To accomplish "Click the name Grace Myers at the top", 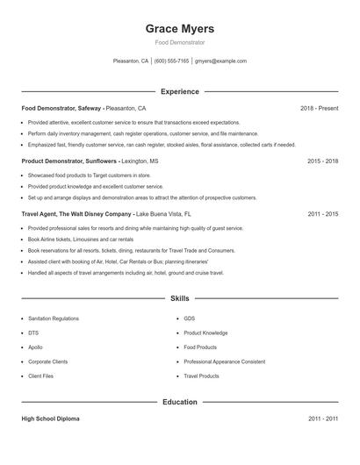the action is pyautogui.click(x=180, y=28).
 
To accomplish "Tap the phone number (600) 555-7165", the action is pyautogui.click(x=172, y=61).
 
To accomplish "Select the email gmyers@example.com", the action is pyautogui.click(x=220, y=61).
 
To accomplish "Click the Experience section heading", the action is pyautogui.click(x=180, y=91).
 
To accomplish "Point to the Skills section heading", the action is pyautogui.click(x=180, y=298).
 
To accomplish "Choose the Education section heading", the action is pyautogui.click(x=180, y=402).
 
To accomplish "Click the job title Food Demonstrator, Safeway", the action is pyautogui.click(x=61, y=108).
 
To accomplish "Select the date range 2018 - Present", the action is pyautogui.click(x=319, y=108).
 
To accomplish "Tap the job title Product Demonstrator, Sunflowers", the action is pyautogui.click(x=68, y=161).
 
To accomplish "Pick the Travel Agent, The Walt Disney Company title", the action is pyautogui.click(x=77, y=213).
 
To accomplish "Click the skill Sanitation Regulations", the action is pyautogui.click(x=54, y=318).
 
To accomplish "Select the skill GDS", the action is pyautogui.click(x=189, y=318).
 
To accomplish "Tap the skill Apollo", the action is pyautogui.click(x=34, y=347).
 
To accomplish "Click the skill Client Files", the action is pyautogui.click(x=40, y=376).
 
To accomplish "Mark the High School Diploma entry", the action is pyautogui.click(x=50, y=419).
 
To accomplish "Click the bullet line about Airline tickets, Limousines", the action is pyautogui.click(x=81, y=239).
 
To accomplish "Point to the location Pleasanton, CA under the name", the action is pyautogui.click(x=131, y=61).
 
